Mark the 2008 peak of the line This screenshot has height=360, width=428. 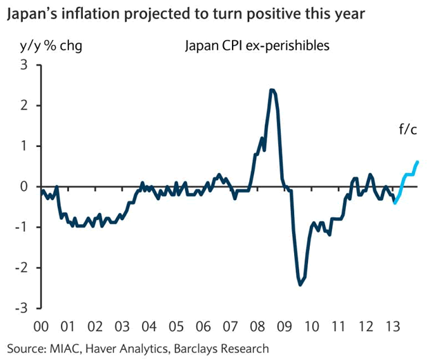coord(272,90)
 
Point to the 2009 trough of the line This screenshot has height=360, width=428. coord(300,284)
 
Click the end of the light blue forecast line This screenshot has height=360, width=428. coord(418,161)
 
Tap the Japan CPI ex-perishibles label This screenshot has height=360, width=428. coord(255,47)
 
